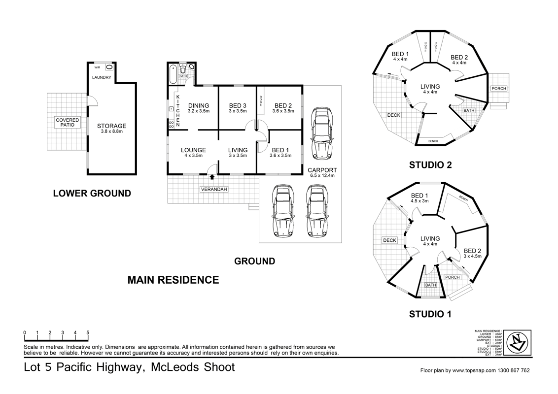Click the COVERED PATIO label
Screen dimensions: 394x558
tap(67, 122)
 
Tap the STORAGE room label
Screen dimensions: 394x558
tap(111, 126)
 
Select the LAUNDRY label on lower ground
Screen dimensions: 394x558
tap(103, 78)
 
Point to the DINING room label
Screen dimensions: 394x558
tap(199, 105)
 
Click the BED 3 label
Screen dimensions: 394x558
tap(238, 105)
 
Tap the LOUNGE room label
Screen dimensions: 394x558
tap(193, 150)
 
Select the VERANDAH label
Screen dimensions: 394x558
tap(213, 190)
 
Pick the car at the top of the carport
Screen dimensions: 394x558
tap(322, 133)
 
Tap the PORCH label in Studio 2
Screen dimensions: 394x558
tap(498, 89)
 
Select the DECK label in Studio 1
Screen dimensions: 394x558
tap(389, 240)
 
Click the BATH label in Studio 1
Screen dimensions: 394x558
tap(431, 285)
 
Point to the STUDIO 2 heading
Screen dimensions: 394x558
tap(430, 165)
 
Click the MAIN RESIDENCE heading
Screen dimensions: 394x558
tap(173, 280)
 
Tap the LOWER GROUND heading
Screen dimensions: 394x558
tap(92, 194)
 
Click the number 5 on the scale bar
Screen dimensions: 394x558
tap(88, 332)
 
